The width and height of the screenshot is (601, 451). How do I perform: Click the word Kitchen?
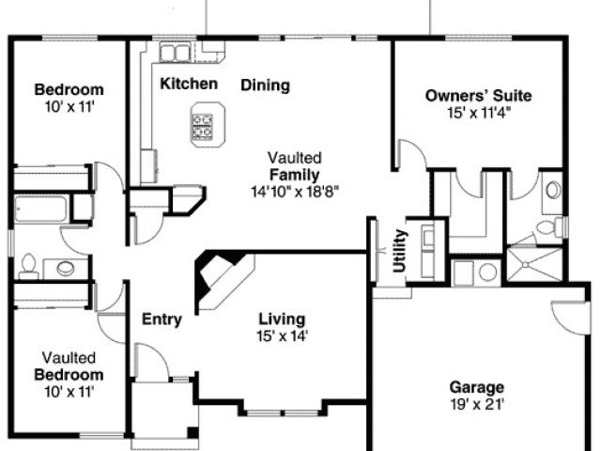tap(189, 84)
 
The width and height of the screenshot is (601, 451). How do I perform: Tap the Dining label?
tap(265, 86)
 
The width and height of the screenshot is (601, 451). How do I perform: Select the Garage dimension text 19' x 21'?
tap(477, 404)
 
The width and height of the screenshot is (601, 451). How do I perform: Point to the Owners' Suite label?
tap(478, 96)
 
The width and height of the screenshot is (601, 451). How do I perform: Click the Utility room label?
tap(399, 251)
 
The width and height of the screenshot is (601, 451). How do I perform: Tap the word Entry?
tap(162, 319)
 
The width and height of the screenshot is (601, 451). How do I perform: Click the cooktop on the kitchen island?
tap(203, 126)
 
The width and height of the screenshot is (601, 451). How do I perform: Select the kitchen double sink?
tap(176, 53)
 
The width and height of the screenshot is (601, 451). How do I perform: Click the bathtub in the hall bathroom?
tap(41, 209)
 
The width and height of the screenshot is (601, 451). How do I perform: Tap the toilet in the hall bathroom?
tap(28, 267)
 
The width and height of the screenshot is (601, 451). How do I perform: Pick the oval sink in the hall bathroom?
tap(66, 268)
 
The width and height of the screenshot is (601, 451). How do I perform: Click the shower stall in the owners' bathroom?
tap(535, 264)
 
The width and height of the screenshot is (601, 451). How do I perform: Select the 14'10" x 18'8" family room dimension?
tap(295, 192)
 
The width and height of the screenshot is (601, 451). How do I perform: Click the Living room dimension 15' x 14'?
tap(282, 336)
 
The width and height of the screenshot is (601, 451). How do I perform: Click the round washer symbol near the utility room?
tap(487, 272)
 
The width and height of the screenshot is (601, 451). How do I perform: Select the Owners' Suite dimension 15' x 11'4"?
tap(479, 113)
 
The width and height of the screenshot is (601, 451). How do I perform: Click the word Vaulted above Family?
tap(294, 158)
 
